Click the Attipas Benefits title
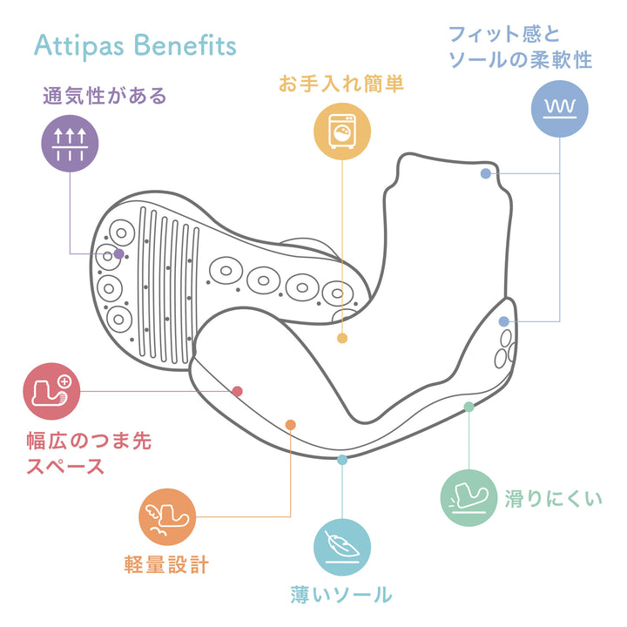coord(135,45)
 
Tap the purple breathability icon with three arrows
coord(70,144)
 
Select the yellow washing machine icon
coord(342,131)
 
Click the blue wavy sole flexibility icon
coord(559,108)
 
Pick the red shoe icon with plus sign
coord(51,391)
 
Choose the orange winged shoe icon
coord(167,517)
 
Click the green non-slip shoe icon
coord(469,498)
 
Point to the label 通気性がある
coord(104,96)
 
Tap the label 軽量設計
coord(165,564)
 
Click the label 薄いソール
coord(341,596)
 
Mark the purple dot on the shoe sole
coord(119,253)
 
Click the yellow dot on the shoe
coord(342,338)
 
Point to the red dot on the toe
coord(237,391)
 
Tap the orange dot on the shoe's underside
coord(290,425)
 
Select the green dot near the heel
coord(469,407)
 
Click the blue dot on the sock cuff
coord(485,174)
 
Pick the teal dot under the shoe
coord(342,459)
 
